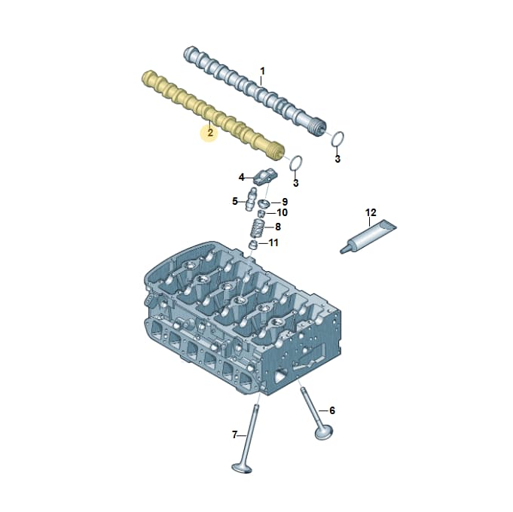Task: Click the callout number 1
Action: (x=262, y=71)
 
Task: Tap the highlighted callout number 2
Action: (x=210, y=133)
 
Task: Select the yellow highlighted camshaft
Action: (x=213, y=116)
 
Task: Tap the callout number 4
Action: (x=242, y=177)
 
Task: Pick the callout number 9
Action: (x=285, y=202)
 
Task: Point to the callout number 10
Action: (x=282, y=212)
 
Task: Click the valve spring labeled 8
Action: (x=258, y=228)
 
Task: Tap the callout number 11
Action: (x=273, y=242)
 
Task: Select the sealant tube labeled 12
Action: (x=368, y=237)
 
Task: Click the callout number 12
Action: (x=371, y=212)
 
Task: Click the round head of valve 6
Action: (x=324, y=433)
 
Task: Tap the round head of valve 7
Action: (x=242, y=468)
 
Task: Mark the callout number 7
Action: (x=234, y=435)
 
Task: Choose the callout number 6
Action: (x=332, y=410)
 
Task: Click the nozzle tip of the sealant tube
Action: (x=342, y=251)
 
